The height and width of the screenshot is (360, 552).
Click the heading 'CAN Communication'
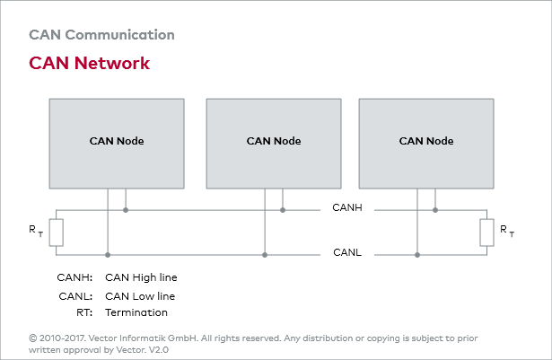click(101, 36)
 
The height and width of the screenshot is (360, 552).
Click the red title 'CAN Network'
click(89, 64)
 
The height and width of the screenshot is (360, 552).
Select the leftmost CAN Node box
click(117, 141)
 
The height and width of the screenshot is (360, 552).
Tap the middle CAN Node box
click(274, 141)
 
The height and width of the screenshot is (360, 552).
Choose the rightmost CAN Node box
click(426, 141)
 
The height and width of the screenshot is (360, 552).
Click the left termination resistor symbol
click(57, 232)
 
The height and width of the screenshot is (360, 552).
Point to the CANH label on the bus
click(346, 210)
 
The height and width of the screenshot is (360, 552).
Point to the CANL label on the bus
click(346, 254)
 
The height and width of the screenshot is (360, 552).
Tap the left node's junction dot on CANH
click(126, 210)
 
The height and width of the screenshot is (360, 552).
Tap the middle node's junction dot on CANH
click(283, 210)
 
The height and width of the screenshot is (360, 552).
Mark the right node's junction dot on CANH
click(435, 210)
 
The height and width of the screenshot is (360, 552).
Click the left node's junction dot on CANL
click(108, 255)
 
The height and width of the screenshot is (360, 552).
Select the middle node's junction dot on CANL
click(265, 255)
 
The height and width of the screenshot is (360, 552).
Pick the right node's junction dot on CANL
click(417, 255)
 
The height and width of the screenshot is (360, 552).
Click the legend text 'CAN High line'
click(141, 278)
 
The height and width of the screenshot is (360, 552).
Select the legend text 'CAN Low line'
click(140, 296)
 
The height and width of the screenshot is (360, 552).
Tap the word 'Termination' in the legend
click(136, 312)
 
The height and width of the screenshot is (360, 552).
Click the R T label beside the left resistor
click(35, 232)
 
